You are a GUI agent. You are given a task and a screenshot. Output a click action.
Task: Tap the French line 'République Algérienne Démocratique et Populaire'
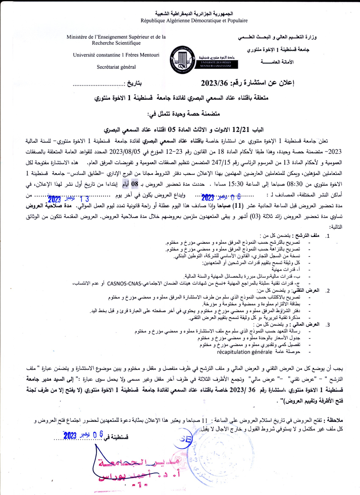pos(194,20)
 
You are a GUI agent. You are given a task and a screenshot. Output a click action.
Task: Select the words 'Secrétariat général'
pos(116,67)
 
